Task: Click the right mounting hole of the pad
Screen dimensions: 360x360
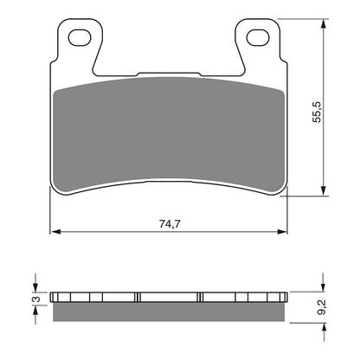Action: [x=257, y=38]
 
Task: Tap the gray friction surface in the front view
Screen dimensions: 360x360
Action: [x=169, y=130]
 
